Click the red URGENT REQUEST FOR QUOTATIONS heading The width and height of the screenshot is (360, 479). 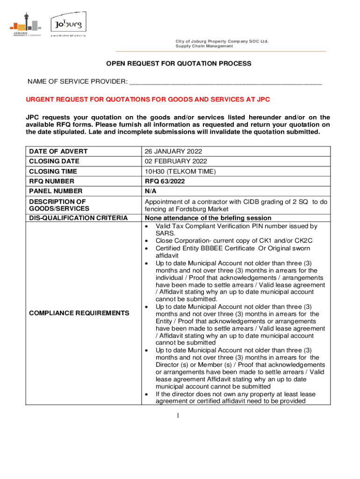click(148, 100)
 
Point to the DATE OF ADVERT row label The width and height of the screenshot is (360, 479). click(58, 152)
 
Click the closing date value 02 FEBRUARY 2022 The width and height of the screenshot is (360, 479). click(175, 161)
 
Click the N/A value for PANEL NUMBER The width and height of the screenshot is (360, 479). click(151, 191)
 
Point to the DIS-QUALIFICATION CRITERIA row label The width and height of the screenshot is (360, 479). click(78, 218)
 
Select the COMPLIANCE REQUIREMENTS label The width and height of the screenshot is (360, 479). click(79, 312)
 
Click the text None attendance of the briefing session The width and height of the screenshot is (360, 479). click(208, 218)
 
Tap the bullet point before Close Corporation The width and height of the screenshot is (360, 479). click(147, 240)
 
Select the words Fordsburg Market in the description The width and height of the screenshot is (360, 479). click(203, 209)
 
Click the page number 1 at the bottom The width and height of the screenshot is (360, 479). click(178, 415)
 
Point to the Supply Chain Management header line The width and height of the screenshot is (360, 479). click(204, 46)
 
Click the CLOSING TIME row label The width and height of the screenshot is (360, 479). click(53, 171)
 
